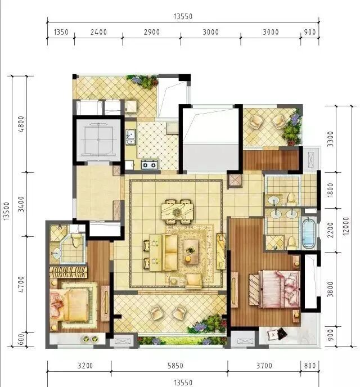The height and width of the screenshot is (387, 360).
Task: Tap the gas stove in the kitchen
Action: [x=150, y=165]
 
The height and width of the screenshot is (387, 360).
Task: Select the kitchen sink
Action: [x=130, y=136]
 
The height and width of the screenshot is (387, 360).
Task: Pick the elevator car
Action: [x=99, y=139]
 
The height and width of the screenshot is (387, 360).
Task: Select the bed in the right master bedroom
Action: [x=274, y=289]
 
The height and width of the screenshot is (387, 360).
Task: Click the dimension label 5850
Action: [x=169, y=366]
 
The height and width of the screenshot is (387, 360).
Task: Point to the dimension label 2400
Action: [x=98, y=32]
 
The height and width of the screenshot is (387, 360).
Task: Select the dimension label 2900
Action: [x=151, y=32]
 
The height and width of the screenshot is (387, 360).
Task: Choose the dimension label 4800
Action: [x=21, y=123]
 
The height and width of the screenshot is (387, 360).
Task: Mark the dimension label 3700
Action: [x=264, y=366]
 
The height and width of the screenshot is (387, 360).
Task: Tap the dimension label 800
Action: [x=310, y=366]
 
